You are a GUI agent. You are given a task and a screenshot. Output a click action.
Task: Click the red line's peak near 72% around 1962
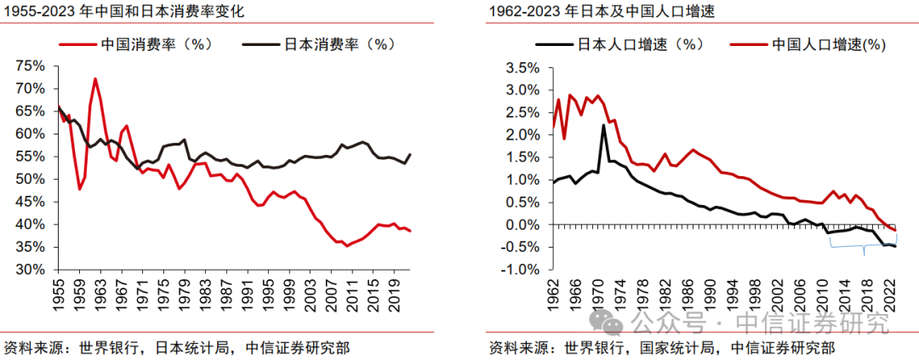[x=94, y=79]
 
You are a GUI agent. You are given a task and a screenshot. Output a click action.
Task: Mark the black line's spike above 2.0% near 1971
[x=603, y=126]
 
